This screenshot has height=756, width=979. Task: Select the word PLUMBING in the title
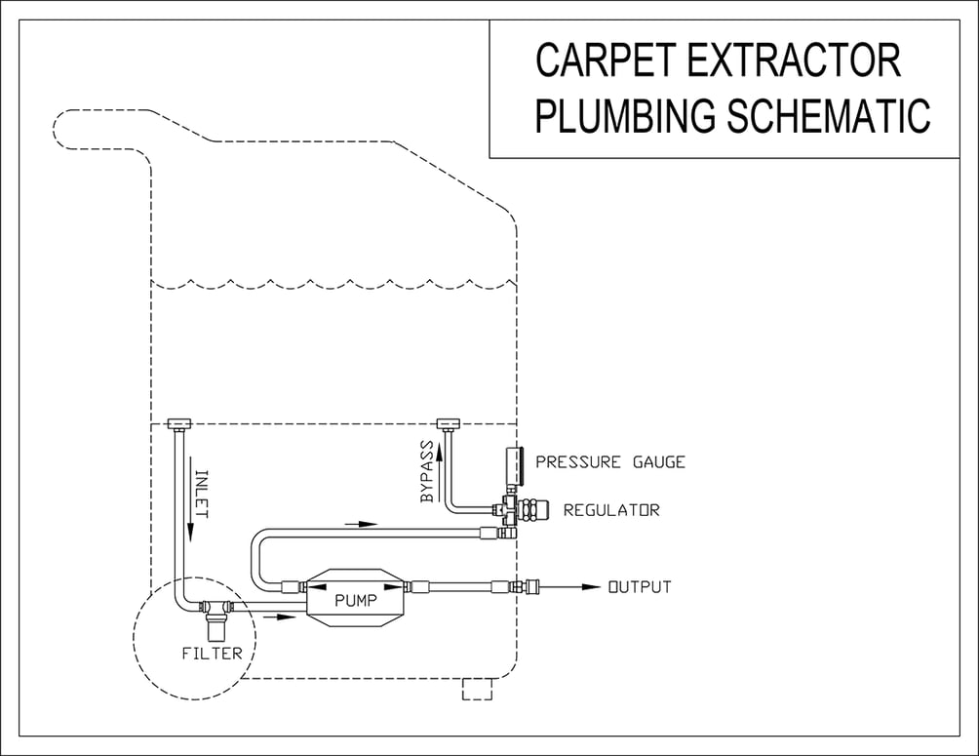click(624, 115)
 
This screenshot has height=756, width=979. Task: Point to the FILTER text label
click(212, 653)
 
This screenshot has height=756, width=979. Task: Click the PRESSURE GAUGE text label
click(610, 462)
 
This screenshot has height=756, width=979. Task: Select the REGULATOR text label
click(611, 510)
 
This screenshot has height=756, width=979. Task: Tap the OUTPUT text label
click(640, 587)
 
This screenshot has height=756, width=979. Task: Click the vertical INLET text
click(201, 493)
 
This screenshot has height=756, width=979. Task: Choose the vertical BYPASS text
click(427, 472)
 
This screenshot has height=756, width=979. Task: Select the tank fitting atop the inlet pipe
click(178, 424)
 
